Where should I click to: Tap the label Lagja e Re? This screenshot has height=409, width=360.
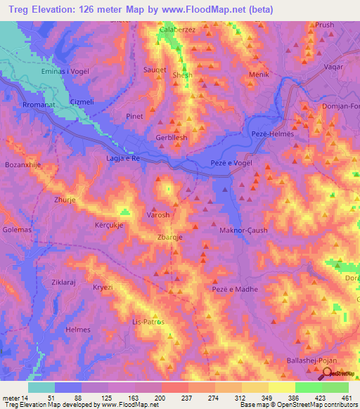124,160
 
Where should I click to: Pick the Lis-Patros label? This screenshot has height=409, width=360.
148,321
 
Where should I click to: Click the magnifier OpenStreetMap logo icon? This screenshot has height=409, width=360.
327,375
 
